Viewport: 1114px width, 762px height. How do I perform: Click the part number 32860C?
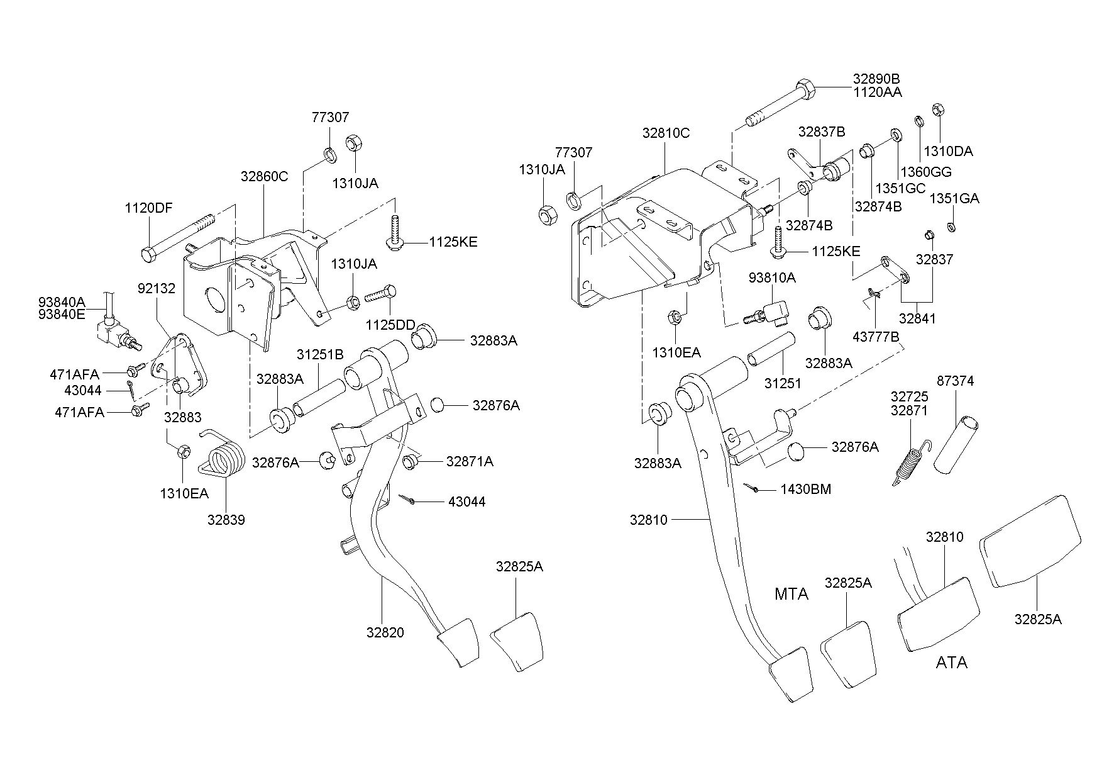click(x=264, y=177)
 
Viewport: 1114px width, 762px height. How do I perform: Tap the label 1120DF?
click(x=148, y=208)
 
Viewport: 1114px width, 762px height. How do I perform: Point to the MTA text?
click(x=791, y=594)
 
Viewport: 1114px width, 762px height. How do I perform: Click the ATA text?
click(x=951, y=663)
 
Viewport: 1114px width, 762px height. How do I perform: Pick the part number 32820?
click(x=385, y=632)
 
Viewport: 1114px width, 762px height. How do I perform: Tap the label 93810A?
click(x=772, y=277)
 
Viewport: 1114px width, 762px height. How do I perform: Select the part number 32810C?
click(x=666, y=133)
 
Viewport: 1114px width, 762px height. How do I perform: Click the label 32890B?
click(x=876, y=79)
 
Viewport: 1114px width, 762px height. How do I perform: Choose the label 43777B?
click(x=876, y=337)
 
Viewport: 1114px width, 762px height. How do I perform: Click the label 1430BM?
click(x=806, y=489)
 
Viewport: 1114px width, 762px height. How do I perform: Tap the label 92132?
click(x=157, y=288)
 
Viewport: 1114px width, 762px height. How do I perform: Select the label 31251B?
click(x=320, y=355)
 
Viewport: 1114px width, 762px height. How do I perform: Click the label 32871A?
click(x=470, y=462)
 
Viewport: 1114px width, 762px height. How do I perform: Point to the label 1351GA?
click(x=954, y=199)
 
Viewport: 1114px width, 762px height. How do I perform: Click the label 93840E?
click(x=62, y=315)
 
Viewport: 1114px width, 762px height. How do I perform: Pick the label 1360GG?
click(x=926, y=172)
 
